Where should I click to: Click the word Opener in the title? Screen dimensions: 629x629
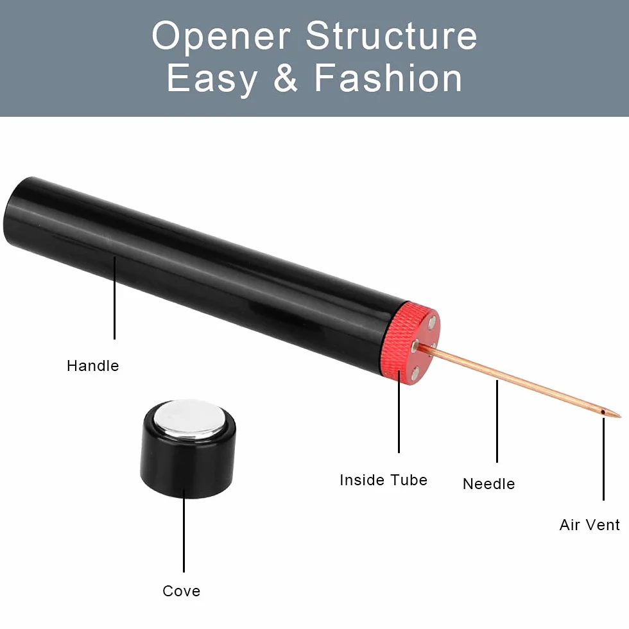tap(221, 37)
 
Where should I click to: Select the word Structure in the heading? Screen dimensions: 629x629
tap(391, 35)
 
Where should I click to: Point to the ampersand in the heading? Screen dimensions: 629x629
tap(286, 78)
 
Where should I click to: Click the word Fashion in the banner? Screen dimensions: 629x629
tap(388, 77)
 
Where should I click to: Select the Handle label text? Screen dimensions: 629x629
tap(92, 366)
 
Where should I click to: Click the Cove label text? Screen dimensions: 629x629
tap(181, 591)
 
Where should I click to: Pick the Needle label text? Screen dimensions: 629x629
tap(488, 484)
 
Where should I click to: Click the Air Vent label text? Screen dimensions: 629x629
tap(590, 525)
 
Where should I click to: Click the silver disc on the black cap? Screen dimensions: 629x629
tap(190, 418)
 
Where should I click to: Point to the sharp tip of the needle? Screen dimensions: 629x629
tap(620, 417)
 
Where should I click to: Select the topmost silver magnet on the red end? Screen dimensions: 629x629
tap(432, 321)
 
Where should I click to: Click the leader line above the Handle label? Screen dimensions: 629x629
tap(115, 298)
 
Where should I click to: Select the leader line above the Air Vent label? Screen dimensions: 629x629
tap(603, 459)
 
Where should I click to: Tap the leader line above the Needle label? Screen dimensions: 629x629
tap(497, 421)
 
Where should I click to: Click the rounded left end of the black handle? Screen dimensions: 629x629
tap(12, 212)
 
